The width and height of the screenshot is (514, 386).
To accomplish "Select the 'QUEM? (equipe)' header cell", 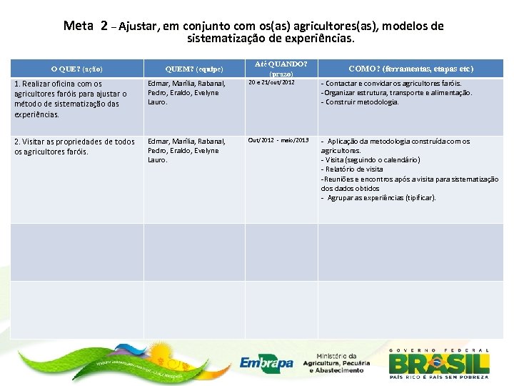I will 194,69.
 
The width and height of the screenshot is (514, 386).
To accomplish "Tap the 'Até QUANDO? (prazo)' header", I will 281,69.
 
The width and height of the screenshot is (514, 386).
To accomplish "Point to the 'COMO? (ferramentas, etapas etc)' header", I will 410,69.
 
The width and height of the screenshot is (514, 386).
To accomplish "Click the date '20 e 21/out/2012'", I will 271,83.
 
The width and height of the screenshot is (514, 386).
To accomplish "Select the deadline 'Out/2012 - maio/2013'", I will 278,140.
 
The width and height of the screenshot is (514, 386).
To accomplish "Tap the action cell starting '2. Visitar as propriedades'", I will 74,146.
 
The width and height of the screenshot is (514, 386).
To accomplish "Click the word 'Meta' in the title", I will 79,26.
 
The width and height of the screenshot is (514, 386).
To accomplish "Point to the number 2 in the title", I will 104,26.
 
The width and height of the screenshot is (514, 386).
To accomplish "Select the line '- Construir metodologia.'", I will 360,102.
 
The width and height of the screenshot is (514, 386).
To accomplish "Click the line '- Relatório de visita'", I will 352,169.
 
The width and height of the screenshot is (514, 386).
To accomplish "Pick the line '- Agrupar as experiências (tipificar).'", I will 378,197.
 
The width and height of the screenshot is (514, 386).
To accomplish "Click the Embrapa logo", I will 266,362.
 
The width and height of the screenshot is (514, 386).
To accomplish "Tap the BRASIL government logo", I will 439,361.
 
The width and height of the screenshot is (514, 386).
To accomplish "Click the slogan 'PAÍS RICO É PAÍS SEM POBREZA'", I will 439,376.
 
